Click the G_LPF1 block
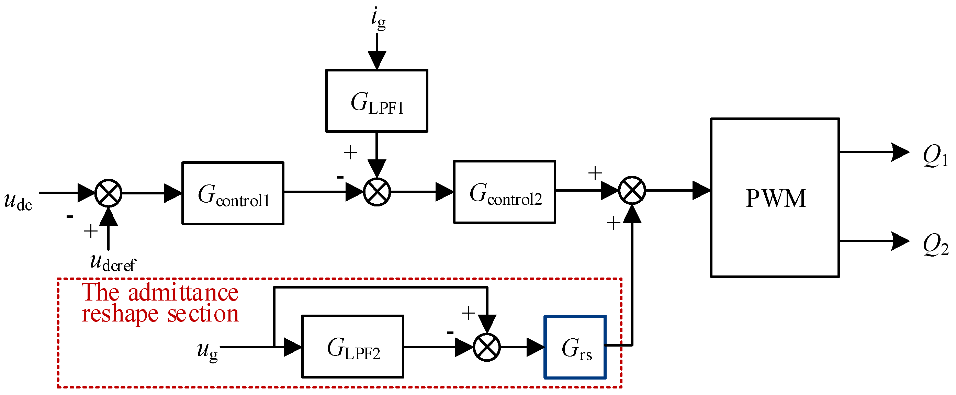377,101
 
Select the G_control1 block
233,193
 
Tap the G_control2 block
504,192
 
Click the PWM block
775,197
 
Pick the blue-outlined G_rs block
575,348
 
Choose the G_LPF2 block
352,347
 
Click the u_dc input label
18,201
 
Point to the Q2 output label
935,244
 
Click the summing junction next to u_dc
108,193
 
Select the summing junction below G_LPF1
377,192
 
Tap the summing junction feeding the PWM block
632,190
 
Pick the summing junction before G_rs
486,347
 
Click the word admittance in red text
183,293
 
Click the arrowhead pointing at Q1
900,152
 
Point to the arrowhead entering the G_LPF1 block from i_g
377,60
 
